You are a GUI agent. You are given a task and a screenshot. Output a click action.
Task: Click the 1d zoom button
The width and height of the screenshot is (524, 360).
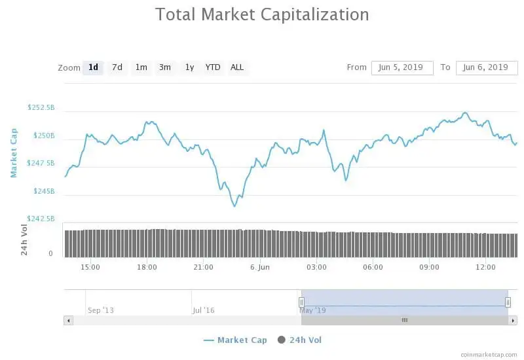(x=93, y=67)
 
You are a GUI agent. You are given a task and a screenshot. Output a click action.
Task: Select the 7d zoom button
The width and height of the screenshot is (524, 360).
(x=117, y=67)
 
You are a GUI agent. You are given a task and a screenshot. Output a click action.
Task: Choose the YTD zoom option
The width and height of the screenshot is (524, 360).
(x=213, y=67)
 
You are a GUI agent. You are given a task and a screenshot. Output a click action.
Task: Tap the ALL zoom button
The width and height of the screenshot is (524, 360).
(x=237, y=67)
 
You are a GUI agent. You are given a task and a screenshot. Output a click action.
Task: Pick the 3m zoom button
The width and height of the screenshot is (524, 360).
(x=165, y=67)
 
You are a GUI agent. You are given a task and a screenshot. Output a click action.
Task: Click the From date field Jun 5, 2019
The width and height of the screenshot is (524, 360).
(x=402, y=67)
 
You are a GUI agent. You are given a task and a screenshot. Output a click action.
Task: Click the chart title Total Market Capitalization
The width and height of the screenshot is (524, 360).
(x=262, y=14)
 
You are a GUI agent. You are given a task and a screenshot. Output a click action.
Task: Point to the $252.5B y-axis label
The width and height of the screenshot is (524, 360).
(x=41, y=107)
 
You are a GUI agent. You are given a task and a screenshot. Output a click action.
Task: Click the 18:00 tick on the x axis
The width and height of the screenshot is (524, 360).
(x=147, y=267)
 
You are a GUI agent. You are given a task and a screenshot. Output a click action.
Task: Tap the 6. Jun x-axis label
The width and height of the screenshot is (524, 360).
(x=259, y=267)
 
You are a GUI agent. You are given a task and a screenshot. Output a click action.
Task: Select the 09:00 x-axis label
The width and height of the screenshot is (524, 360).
(x=429, y=267)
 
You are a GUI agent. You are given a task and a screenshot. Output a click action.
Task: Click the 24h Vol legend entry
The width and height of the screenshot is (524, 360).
(x=300, y=340)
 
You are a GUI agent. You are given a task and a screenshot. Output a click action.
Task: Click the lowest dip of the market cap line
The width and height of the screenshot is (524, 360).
(x=234, y=206)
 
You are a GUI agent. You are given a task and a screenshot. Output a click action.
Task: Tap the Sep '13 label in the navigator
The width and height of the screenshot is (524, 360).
(x=100, y=310)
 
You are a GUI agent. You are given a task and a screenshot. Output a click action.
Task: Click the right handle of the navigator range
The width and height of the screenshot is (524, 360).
(x=508, y=302)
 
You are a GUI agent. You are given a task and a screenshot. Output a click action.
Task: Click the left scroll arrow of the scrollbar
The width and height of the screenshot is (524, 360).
(x=67, y=320)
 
